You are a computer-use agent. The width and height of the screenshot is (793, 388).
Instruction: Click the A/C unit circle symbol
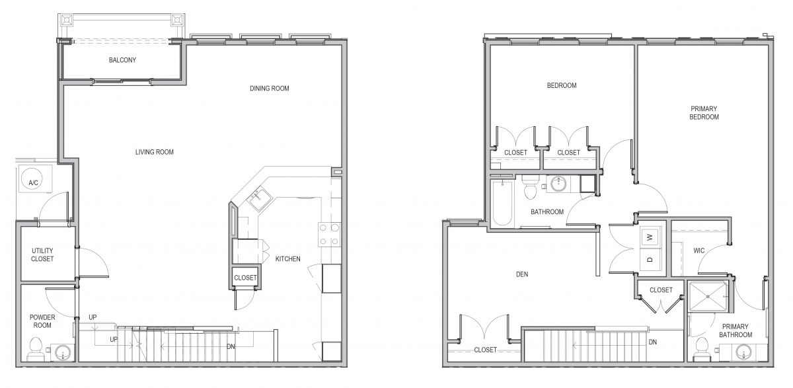(x=33, y=178)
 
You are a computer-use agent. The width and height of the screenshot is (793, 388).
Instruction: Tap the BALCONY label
(x=122, y=60)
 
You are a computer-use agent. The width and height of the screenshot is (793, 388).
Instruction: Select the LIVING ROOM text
(x=155, y=152)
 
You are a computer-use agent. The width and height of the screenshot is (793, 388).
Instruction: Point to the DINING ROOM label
(x=270, y=89)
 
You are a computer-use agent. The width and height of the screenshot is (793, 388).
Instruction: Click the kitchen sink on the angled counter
(x=259, y=200)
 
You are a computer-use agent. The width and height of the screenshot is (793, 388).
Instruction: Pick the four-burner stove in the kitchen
(x=329, y=235)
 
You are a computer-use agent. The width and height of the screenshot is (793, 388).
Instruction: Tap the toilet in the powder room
(x=35, y=350)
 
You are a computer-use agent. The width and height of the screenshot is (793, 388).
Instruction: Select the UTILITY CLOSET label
(x=42, y=255)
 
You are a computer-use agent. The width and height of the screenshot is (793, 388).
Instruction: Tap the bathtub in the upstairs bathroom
(x=502, y=203)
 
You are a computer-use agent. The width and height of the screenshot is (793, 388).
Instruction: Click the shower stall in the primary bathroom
(x=708, y=297)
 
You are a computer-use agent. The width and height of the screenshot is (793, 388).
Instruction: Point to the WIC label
(x=699, y=251)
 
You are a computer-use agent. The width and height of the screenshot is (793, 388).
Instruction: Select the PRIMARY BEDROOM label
(x=704, y=113)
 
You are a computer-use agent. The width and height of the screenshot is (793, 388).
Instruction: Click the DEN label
(x=522, y=274)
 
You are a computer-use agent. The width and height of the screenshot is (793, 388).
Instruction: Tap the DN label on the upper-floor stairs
(x=653, y=342)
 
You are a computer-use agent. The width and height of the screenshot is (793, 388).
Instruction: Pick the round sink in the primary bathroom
(x=744, y=352)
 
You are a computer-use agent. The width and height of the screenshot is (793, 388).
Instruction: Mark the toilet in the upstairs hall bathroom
(x=530, y=188)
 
